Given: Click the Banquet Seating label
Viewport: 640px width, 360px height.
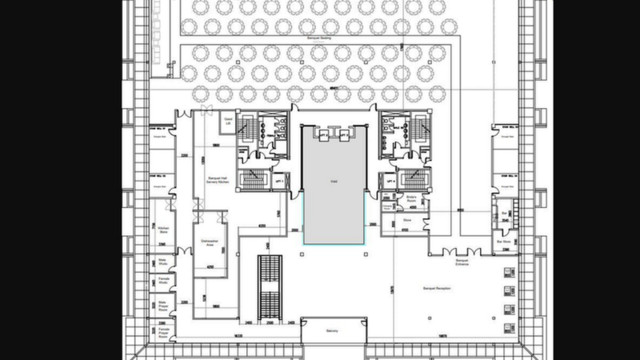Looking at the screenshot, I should click(319, 38).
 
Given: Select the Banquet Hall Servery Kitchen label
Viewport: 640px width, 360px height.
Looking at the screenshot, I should click(218, 181).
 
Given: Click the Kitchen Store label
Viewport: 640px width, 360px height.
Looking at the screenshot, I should click(163, 230).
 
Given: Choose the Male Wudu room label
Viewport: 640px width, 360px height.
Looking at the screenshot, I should click(163, 262).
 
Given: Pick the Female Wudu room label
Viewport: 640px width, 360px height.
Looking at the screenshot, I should click(163, 281).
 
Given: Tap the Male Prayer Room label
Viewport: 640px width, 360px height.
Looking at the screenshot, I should click(163, 305).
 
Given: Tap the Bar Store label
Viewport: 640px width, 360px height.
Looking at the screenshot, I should click(504, 239).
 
